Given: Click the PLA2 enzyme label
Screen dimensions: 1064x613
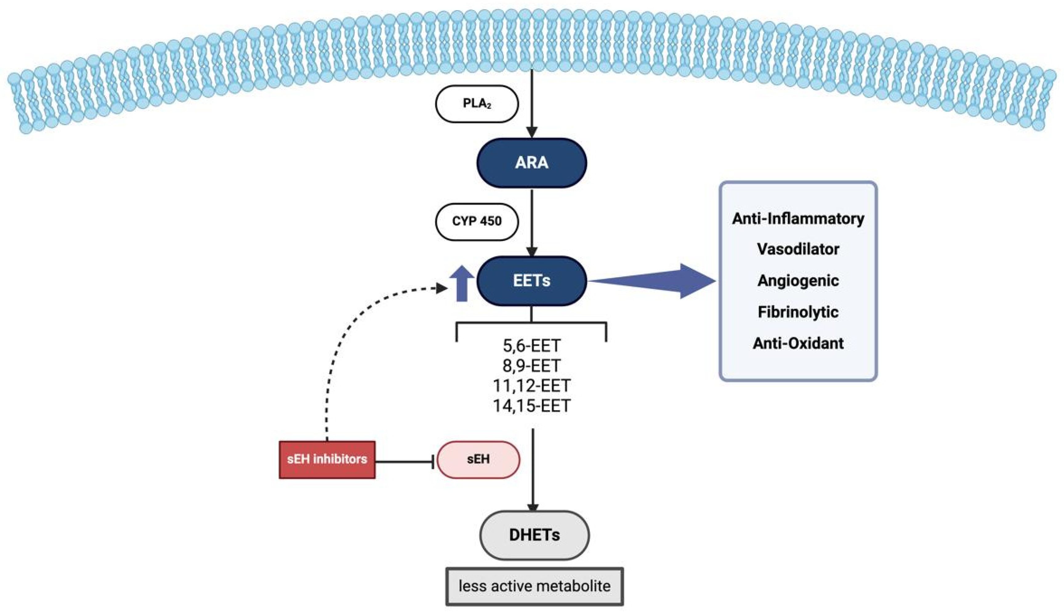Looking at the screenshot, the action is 477,104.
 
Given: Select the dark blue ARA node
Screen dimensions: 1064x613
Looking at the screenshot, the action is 532,162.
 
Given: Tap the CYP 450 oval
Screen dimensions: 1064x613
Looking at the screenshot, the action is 477,222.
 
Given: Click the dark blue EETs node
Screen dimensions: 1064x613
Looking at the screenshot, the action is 532,281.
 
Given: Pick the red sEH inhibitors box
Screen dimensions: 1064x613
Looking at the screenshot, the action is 327,459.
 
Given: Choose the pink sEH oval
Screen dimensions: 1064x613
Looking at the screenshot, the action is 479,459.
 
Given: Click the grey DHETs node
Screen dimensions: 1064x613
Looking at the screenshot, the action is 534,535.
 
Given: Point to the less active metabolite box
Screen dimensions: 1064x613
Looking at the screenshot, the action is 534,586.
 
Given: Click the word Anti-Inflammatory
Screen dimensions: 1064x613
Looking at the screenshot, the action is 798,219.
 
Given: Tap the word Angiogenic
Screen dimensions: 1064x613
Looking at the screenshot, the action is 798,281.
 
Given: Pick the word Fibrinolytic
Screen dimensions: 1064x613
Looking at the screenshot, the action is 798,312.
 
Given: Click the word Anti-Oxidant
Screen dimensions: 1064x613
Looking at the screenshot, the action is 798,343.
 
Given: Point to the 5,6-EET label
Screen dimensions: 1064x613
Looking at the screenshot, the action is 532,346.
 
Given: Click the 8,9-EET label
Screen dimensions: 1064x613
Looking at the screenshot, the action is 532,366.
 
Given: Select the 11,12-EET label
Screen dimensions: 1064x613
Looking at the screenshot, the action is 532,386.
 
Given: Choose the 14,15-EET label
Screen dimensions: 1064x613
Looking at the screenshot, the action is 532,406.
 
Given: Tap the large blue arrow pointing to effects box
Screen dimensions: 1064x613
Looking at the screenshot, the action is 652,281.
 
